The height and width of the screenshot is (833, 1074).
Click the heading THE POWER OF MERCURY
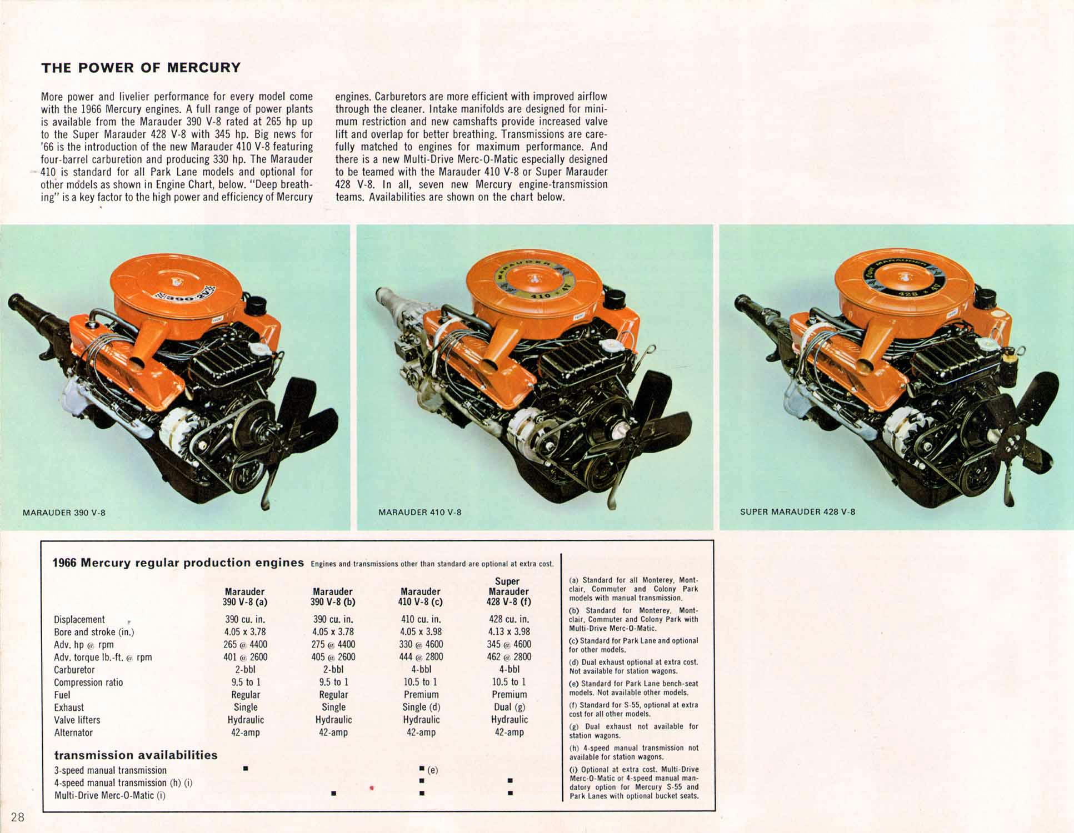pyautogui.click(x=141, y=68)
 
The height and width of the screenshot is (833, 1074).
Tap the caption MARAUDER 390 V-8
pyautogui.click(x=63, y=513)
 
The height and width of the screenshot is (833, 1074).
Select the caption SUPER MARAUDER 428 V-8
pyautogui.click(x=797, y=511)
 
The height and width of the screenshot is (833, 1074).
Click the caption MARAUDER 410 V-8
pyautogui.click(x=419, y=512)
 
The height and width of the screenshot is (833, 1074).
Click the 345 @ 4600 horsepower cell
pyautogui.click(x=509, y=644)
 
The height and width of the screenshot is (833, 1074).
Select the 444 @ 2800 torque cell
pyautogui.click(x=421, y=657)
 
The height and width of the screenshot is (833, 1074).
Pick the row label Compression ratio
pyautogui.click(x=88, y=683)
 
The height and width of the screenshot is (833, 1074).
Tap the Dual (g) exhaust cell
pyautogui.click(x=509, y=707)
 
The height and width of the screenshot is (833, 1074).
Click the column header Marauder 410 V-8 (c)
pyautogui.click(x=421, y=596)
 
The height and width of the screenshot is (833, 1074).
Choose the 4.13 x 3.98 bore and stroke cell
pyautogui.click(x=509, y=631)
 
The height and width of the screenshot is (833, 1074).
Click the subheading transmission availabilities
pyautogui.click(x=136, y=755)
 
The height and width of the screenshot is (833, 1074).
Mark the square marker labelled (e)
pyautogui.click(x=422, y=769)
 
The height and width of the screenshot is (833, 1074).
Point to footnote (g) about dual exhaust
pyautogui.click(x=633, y=731)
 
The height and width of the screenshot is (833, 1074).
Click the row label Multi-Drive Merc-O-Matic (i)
pyautogui.click(x=110, y=796)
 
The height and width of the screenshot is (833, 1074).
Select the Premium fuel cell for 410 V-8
pyautogui.click(x=421, y=695)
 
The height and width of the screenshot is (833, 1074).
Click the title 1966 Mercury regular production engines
pyautogui.click(x=178, y=563)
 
